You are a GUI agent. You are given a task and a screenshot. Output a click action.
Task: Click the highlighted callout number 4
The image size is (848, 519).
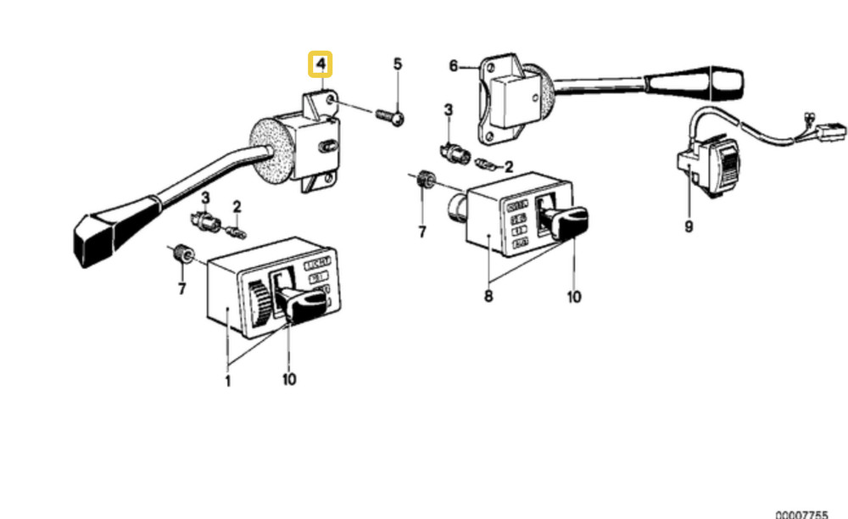(321, 64)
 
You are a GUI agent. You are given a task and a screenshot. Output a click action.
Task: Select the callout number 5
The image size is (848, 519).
(397, 64)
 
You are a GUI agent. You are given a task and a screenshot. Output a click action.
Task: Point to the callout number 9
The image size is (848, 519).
(689, 226)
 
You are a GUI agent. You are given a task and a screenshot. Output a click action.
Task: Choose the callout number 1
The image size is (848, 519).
(227, 380)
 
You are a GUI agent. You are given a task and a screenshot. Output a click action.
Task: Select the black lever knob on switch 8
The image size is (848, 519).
(566, 223)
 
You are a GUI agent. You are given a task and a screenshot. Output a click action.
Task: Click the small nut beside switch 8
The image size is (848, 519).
(427, 180)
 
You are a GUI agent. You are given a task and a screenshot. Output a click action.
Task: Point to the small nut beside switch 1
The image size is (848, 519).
(181, 253)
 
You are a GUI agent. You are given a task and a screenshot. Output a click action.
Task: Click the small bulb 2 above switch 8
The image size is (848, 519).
(488, 164)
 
